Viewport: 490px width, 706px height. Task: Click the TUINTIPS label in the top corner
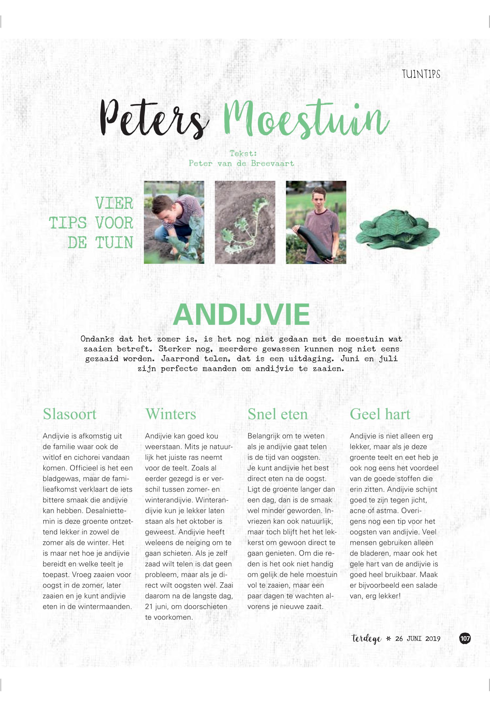(x=421, y=74)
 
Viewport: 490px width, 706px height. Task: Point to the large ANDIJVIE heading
(x=241, y=315)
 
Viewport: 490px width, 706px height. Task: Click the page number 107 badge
(x=465, y=639)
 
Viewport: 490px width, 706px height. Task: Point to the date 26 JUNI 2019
(x=417, y=639)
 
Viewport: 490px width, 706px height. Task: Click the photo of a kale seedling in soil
(x=245, y=222)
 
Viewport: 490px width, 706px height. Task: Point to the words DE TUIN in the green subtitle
(x=100, y=243)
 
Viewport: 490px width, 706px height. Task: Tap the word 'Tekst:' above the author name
(x=243, y=153)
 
